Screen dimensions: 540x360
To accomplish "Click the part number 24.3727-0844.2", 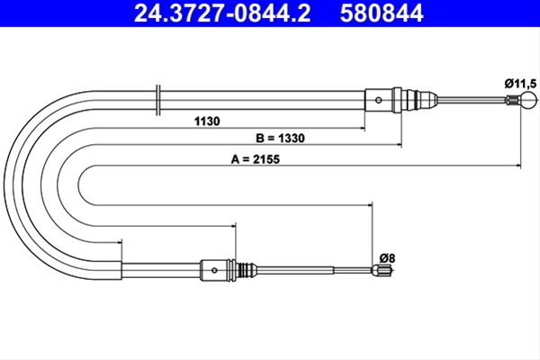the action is (222, 13).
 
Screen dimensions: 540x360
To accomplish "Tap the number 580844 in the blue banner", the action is (382, 13).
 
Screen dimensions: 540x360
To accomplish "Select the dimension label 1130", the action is (207, 121).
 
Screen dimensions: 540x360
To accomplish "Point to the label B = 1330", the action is (280, 138).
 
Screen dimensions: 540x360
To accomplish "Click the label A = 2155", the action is (256, 159).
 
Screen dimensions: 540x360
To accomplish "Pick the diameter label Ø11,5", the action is (521, 84).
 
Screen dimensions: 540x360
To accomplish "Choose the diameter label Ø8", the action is (387, 258).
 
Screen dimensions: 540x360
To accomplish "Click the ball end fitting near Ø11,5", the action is (528, 100).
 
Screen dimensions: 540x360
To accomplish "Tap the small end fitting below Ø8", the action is (382, 270).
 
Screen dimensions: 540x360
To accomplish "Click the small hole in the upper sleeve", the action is (379, 100).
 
